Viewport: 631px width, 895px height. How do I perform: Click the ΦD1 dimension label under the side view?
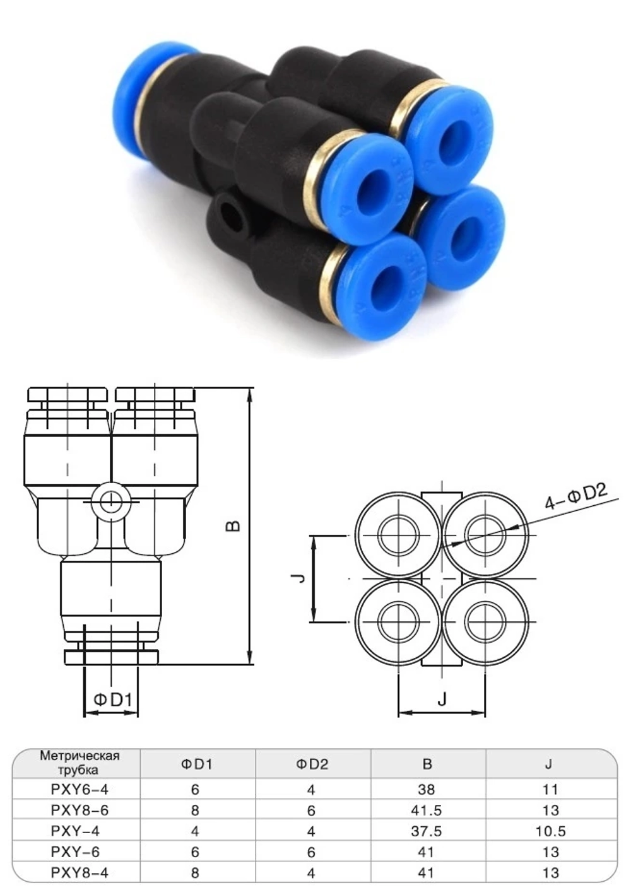pyautogui.click(x=112, y=699)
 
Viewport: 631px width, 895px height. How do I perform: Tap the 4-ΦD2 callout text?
pyautogui.click(x=575, y=496)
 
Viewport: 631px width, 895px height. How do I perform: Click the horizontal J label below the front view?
pyautogui.click(x=442, y=698)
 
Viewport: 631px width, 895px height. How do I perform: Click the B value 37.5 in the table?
pyautogui.click(x=427, y=831)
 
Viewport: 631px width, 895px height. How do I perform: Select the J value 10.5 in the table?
pyautogui.click(x=550, y=831)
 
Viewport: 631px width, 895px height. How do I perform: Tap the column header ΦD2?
pyautogui.click(x=312, y=764)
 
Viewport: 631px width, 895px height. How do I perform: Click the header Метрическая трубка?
pyautogui.click(x=80, y=763)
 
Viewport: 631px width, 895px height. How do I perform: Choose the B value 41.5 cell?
pyautogui.click(x=427, y=810)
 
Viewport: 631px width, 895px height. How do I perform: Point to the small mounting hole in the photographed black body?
pyautogui.click(x=229, y=213)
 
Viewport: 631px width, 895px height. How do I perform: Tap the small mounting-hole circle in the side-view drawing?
pyautogui.click(x=111, y=502)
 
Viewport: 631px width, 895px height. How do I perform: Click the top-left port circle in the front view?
pyautogui.click(x=398, y=535)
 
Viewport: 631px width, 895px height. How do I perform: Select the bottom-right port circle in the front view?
pyautogui.click(x=485, y=622)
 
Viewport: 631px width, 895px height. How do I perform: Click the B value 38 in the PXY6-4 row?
pyautogui.click(x=427, y=789)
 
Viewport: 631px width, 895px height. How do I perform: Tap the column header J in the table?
pyautogui.click(x=548, y=764)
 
